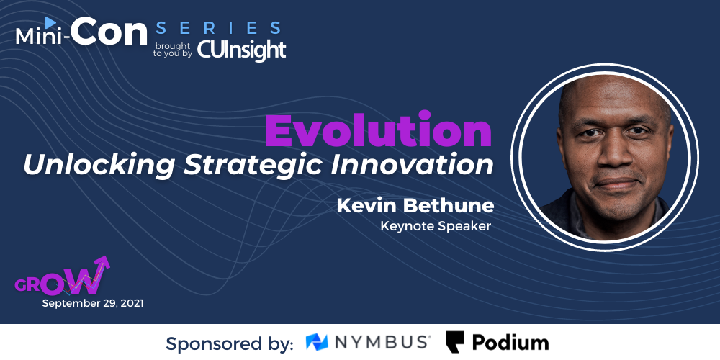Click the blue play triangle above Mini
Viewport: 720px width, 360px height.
click(x=50, y=22)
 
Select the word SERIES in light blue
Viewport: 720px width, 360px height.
click(x=218, y=27)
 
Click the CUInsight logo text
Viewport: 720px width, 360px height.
click(x=241, y=50)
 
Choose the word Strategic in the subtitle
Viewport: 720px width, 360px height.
click(x=252, y=165)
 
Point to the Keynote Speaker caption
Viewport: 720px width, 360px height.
click(x=436, y=226)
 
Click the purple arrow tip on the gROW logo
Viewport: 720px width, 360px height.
click(x=106, y=260)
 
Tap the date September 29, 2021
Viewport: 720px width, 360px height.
click(x=93, y=304)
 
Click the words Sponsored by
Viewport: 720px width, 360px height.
click(x=230, y=343)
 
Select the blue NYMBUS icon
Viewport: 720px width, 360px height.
click(x=317, y=342)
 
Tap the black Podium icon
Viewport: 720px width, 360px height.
click(x=454, y=342)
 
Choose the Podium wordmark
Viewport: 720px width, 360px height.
click(x=510, y=343)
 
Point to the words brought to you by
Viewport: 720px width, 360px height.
click(x=173, y=50)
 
